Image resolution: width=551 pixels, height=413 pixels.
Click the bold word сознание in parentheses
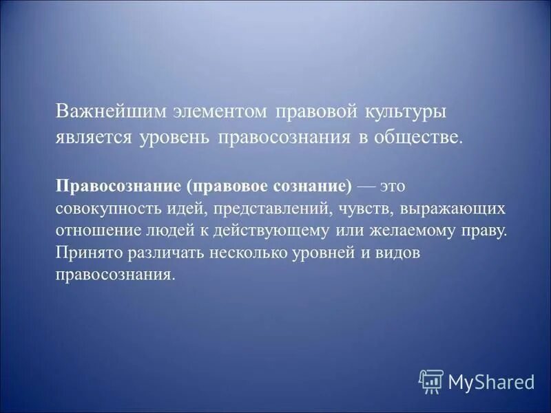[312, 187]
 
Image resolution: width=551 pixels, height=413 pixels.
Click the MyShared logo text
[491, 381]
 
